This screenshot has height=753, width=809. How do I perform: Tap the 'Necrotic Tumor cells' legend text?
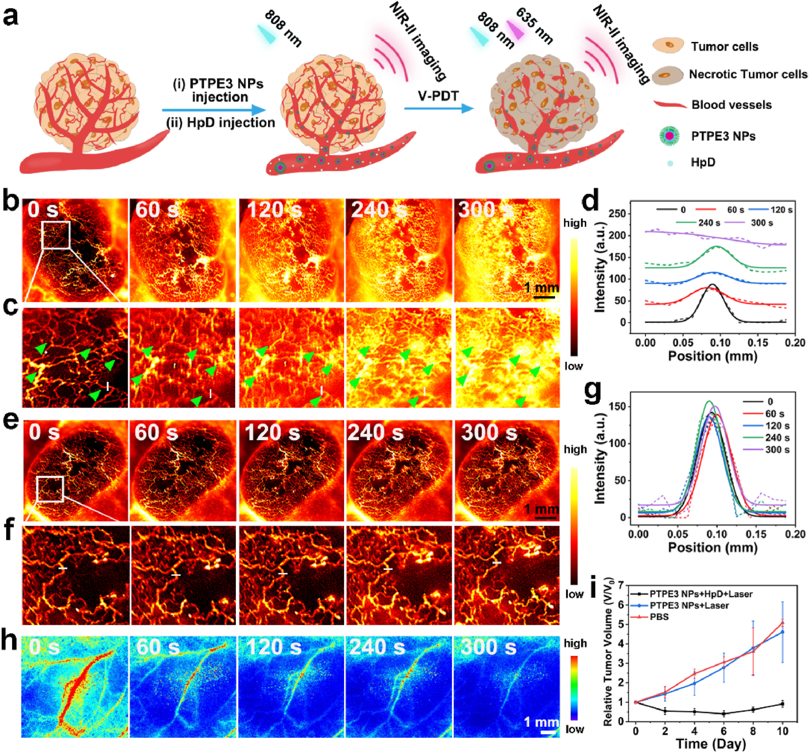click(748, 74)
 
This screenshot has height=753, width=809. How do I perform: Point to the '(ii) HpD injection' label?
click(220, 122)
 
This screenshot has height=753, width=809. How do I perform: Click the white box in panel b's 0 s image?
click(56, 235)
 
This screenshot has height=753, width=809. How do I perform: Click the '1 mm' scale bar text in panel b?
click(541, 288)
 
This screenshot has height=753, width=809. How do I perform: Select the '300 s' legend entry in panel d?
click(761, 223)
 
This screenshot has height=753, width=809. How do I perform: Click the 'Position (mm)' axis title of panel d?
click(713, 356)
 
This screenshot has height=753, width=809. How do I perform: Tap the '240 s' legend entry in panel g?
click(777, 438)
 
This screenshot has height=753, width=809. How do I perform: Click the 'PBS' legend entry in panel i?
click(659, 617)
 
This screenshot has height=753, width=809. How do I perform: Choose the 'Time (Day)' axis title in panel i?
click(711, 744)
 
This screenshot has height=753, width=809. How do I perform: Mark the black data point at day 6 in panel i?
click(723, 714)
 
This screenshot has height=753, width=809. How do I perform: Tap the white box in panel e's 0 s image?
click(50, 489)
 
